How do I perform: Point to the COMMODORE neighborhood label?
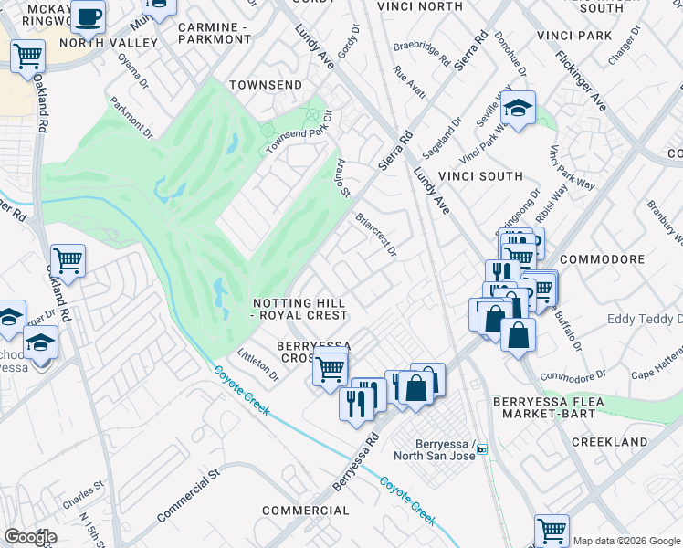click(603, 259)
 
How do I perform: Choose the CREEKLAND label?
click(609, 442)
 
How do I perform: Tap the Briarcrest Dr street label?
click(376, 235)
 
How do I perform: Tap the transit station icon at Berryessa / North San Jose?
click(482, 448)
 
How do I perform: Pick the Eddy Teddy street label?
click(644, 320)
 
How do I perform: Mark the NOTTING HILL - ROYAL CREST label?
click(300, 309)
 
